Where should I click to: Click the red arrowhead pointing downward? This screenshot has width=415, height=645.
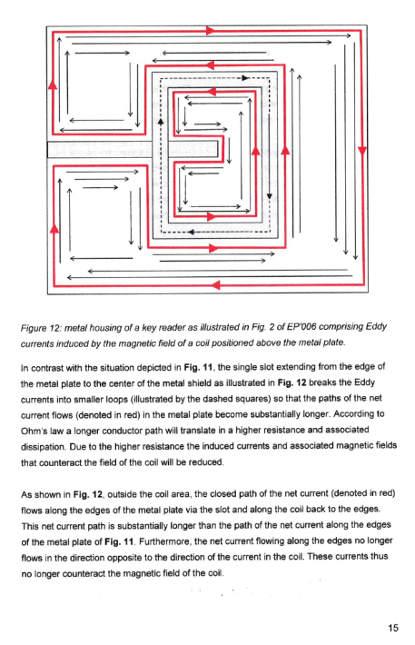(362, 152)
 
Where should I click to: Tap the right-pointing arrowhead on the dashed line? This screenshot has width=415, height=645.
(245, 78)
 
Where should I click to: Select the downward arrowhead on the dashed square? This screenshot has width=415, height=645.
(270, 196)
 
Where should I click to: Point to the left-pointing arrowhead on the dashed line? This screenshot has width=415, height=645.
(191, 232)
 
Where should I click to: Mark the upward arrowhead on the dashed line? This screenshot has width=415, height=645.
(161, 122)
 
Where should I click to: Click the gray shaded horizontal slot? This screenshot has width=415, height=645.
(133, 149)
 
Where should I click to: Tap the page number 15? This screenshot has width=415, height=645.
(393, 628)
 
